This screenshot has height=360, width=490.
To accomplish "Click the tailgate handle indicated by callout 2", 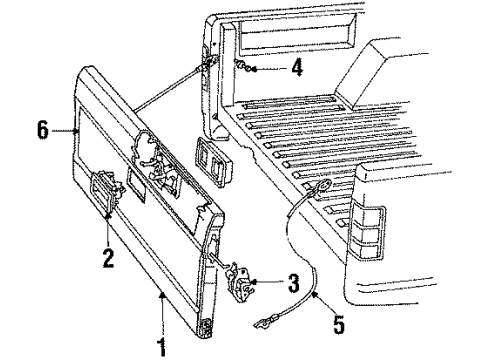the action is coord(103,186).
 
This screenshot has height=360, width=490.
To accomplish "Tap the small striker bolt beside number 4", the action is coord(244,67).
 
